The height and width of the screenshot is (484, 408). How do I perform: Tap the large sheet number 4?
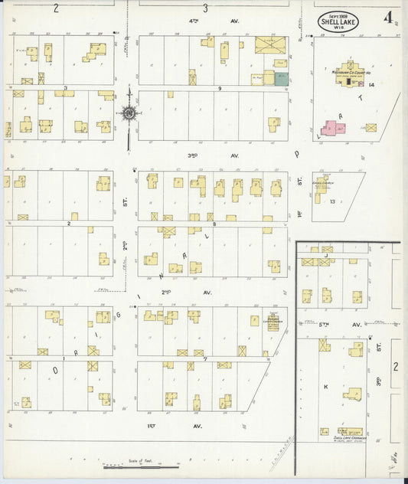point(390,17)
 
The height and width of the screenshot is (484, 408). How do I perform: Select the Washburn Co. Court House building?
point(349,73)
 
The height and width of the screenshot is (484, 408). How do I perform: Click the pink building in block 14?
point(333,128)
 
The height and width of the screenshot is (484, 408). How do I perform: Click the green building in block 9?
point(281,79)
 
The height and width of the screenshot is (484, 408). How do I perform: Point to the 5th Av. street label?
point(355,324)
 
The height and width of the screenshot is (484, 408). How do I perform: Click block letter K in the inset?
point(325,387)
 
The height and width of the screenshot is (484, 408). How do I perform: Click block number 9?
point(219,89)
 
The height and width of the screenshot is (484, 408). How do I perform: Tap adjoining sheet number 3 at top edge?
point(205,8)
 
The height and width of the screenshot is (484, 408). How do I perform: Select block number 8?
point(214,224)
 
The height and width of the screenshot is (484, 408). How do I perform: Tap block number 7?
point(204,358)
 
